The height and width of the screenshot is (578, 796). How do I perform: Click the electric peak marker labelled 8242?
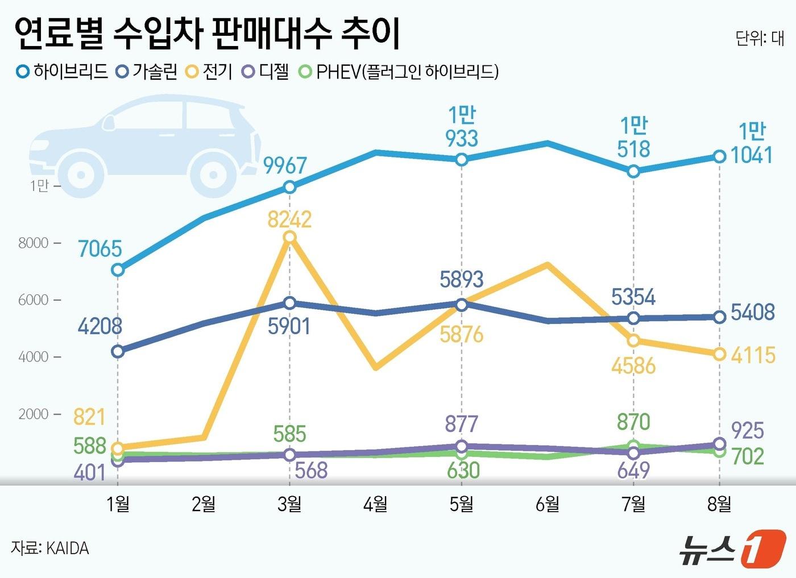coord(289,237)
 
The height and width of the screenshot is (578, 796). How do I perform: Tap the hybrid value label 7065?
coord(100,249)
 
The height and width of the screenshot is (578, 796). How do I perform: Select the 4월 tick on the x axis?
coord(375,504)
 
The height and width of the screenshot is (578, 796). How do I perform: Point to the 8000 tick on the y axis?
coord(34,243)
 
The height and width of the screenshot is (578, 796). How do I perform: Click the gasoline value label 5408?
coord(752,312)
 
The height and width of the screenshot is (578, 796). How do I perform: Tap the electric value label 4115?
coord(753,355)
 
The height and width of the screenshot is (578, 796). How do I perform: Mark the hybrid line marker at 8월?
coord(719,156)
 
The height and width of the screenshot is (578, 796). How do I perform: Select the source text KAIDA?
coord(67,548)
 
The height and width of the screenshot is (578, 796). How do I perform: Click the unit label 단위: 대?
coord(759,39)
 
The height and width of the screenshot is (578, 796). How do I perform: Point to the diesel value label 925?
coord(747,431)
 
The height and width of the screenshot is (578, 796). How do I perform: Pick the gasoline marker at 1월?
coord(118,351)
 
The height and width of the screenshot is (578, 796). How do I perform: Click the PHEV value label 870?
coord(633,422)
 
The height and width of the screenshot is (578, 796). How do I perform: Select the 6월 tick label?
coord(547,504)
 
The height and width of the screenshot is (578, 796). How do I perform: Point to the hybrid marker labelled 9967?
coord(289,187)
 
